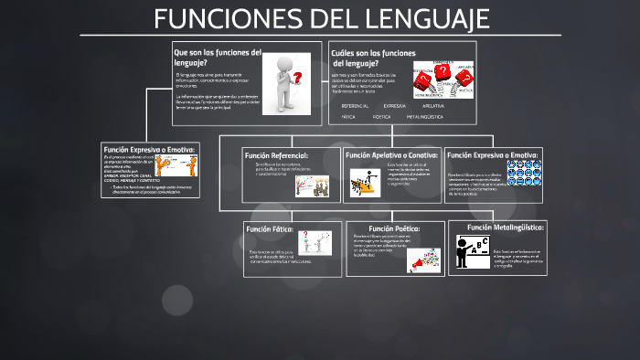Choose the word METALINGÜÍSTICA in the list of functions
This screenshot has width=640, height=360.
tap(425, 117)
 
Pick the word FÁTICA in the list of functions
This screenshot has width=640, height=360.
tap(348, 117)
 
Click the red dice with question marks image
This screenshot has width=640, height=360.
tap(442, 79)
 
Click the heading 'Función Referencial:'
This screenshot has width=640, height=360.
tap(276, 155)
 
